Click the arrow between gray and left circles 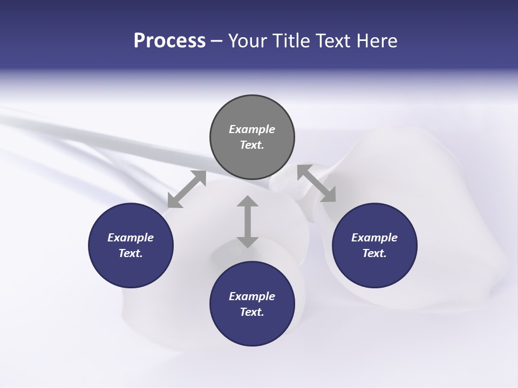coord(187,189)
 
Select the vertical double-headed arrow coord(248,221)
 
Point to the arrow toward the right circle coord(316,183)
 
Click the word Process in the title coord(169,41)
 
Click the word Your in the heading coord(248,41)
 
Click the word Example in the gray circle coord(252,129)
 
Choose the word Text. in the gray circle coord(252,145)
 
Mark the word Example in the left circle coord(131,238)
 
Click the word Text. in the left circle coord(131,253)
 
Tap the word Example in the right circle coord(374,238)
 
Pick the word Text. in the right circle coord(374,253)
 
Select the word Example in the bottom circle coord(252,296)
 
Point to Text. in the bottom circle coord(252,312)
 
